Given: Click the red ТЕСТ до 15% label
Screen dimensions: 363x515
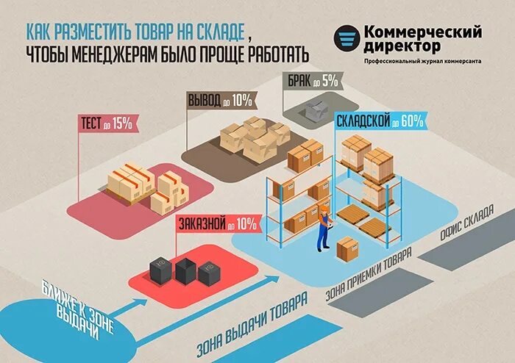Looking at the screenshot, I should (x=107, y=123).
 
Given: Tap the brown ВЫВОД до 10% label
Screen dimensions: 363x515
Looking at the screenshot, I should (x=220, y=99).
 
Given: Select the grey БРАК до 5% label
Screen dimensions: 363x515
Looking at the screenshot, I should (x=310, y=81).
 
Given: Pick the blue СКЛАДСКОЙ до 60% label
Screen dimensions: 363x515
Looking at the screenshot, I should (x=380, y=121).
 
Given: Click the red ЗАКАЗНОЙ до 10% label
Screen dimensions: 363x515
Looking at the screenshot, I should (x=216, y=223).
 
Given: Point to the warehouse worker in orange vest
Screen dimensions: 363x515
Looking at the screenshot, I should (x=323, y=227).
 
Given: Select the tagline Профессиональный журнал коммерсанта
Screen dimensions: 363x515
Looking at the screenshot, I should (x=422, y=61).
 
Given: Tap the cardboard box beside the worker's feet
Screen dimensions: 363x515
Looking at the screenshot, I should (x=347, y=248).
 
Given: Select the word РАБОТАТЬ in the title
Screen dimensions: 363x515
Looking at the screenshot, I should (x=272, y=55).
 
